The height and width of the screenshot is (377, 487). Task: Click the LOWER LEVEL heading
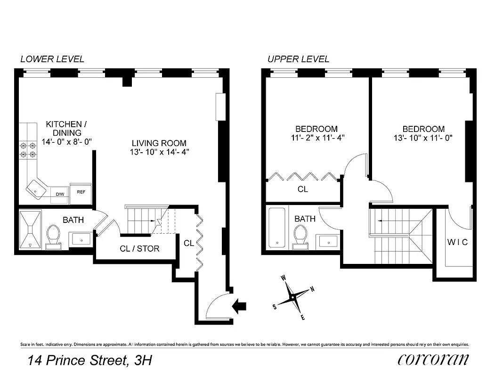click(x=52, y=59)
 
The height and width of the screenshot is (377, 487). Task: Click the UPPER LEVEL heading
click(x=298, y=59)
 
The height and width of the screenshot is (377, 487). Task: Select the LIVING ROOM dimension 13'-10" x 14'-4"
click(x=159, y=152)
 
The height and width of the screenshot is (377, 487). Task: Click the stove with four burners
click(x=28, y=150)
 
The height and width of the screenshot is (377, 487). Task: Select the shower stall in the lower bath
click(x=31, y=229)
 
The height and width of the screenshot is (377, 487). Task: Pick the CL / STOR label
click(x=139, y=248)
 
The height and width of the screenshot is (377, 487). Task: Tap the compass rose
click(x=293, y=297)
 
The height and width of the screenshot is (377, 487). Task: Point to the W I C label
click(x=457, y=242)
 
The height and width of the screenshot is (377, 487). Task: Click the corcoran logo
click(x=433, y=360)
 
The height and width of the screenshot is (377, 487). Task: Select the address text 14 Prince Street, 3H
click(x=89, y=361)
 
